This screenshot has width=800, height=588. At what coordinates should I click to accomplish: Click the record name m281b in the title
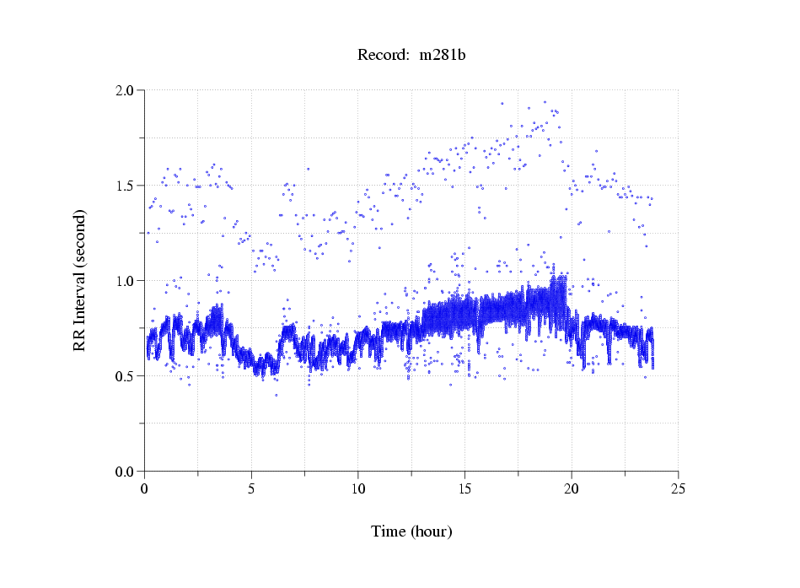click(x=443, y=56)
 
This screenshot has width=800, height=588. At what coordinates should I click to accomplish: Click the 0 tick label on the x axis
click(x=145, y=488)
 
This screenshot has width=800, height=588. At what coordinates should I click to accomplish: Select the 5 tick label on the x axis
click(x=251, y=488)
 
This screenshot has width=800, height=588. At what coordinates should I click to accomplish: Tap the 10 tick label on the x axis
click(x=358, y=488)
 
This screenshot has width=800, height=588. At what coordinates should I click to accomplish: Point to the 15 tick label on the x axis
click(x=464, y=488)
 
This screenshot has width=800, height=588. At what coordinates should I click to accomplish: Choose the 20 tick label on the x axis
click(x=572, y=488)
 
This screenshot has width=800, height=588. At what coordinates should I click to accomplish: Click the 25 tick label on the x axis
click(x=678, y=488)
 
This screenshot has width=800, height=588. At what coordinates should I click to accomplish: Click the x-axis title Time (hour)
click(x=411, y=531)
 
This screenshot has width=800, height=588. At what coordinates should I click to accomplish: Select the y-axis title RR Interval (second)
click(x=80, y=279)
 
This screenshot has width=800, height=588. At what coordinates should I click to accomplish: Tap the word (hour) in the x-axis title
click(x=432, y=531)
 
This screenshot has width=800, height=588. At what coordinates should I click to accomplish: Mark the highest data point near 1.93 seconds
click(x=545, y=102)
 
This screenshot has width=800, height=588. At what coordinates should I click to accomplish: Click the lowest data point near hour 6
click(x=276, y=395)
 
